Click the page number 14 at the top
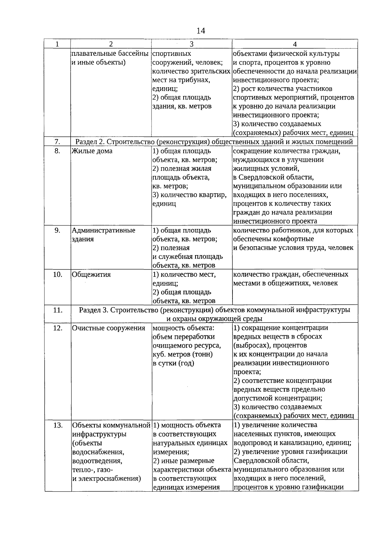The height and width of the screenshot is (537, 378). pyautogui.click(x=201, y=31)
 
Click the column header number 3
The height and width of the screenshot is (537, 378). pyautogui.click(x=192, y=44)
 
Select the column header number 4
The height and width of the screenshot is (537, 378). pyautogui.click(x=295, y=44)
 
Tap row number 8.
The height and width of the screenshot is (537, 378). pyautogui.click(x=57, y=151)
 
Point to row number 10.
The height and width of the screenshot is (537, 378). pyautogui.click(x=57, y=274)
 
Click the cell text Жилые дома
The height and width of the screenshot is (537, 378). pyautogui.click(x=92, y=151)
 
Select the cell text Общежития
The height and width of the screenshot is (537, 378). pyautogui.click(x=91, y=275)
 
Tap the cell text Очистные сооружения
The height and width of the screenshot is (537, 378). pyautogui.click(x=109, y=328)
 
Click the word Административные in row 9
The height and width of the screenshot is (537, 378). pyautogui.click(x=104, y=230)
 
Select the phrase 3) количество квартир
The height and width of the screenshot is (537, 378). pyautogui.click(x=189, y=195)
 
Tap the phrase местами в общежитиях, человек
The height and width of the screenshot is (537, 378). pyautogui.click(x=285, y=283)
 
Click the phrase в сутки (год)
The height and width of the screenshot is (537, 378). pyautogui.click(x=173, y=363)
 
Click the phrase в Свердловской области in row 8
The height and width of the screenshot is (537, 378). pyautogui.click(x=273, y=177)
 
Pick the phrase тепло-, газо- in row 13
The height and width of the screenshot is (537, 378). pyautogui.click(x=93, y=470)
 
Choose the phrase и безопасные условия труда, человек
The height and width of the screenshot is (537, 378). pyautogui.click(x=293, y=248)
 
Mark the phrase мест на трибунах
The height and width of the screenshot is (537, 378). pyautogui.click(x=181, y=80)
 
